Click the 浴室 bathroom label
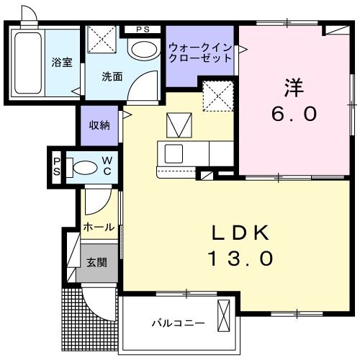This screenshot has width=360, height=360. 61,62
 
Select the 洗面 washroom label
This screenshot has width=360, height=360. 112,76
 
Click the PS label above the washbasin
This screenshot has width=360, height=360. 143,30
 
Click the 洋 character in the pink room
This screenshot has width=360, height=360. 293,88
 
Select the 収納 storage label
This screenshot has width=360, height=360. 99,125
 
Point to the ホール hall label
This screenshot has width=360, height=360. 98,227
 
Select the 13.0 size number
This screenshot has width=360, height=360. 240,258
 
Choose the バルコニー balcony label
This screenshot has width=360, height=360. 177,323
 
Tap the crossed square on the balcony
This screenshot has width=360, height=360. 225,313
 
